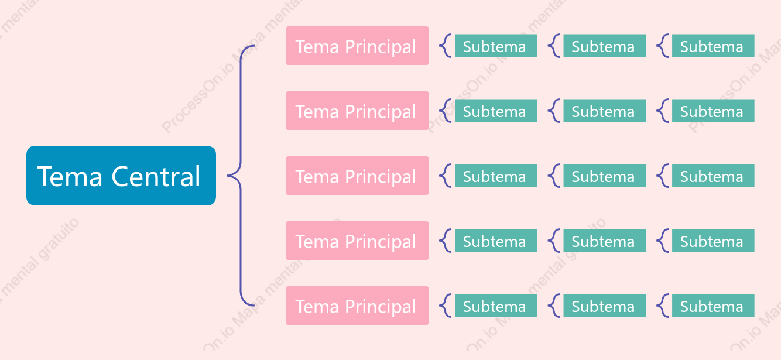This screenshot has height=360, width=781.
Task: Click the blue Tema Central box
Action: [121, 176]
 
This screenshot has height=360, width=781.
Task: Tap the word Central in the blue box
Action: [156, 176]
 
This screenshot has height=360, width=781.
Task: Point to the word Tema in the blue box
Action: [70, 176]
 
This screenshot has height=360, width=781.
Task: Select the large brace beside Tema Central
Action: [241, 176]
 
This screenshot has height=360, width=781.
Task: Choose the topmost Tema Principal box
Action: [357, 46]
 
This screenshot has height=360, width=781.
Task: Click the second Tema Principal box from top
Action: [357, 111]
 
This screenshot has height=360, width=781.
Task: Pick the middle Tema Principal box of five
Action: [357, 176]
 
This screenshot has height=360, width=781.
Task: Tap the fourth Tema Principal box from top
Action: [357, 241]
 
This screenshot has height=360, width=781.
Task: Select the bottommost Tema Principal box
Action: [357, 306]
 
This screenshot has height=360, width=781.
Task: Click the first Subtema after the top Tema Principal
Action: [496, 46]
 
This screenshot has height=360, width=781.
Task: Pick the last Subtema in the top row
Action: [713, 46]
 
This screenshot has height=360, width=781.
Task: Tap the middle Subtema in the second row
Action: [605, 111]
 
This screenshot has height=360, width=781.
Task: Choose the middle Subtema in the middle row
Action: [605, 176]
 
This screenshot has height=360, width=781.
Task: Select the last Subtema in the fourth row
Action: [713, 241]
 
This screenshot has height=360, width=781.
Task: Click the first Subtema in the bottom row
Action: [496, 306]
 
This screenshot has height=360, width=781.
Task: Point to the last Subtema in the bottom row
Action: [713, 306]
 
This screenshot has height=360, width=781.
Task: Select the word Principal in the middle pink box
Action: [381, 177]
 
